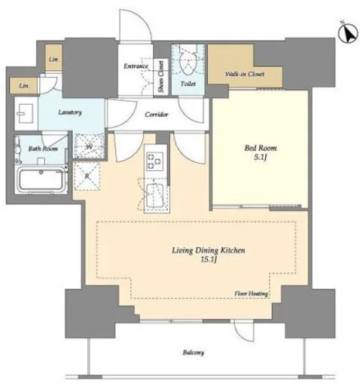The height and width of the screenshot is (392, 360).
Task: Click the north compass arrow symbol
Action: (348, 33)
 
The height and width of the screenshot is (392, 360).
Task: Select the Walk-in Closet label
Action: (245, 74)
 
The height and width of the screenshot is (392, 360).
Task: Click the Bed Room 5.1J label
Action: (261, 152)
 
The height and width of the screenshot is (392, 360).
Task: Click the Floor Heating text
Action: (251, 293)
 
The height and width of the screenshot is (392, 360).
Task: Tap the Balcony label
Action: (193, 353)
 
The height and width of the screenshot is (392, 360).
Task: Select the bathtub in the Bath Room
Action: (41, 179)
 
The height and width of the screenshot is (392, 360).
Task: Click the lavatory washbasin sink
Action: (26, 114)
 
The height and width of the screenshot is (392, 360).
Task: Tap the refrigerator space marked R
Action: (87, 176)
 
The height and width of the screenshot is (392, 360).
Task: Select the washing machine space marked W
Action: (89, 145)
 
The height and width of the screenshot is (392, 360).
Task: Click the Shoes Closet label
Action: (161, 76)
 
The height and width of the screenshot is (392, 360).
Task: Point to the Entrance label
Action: (136, 66)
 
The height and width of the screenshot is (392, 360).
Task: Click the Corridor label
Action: (157, 115)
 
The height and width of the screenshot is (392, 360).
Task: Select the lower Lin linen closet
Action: (23, 86)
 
